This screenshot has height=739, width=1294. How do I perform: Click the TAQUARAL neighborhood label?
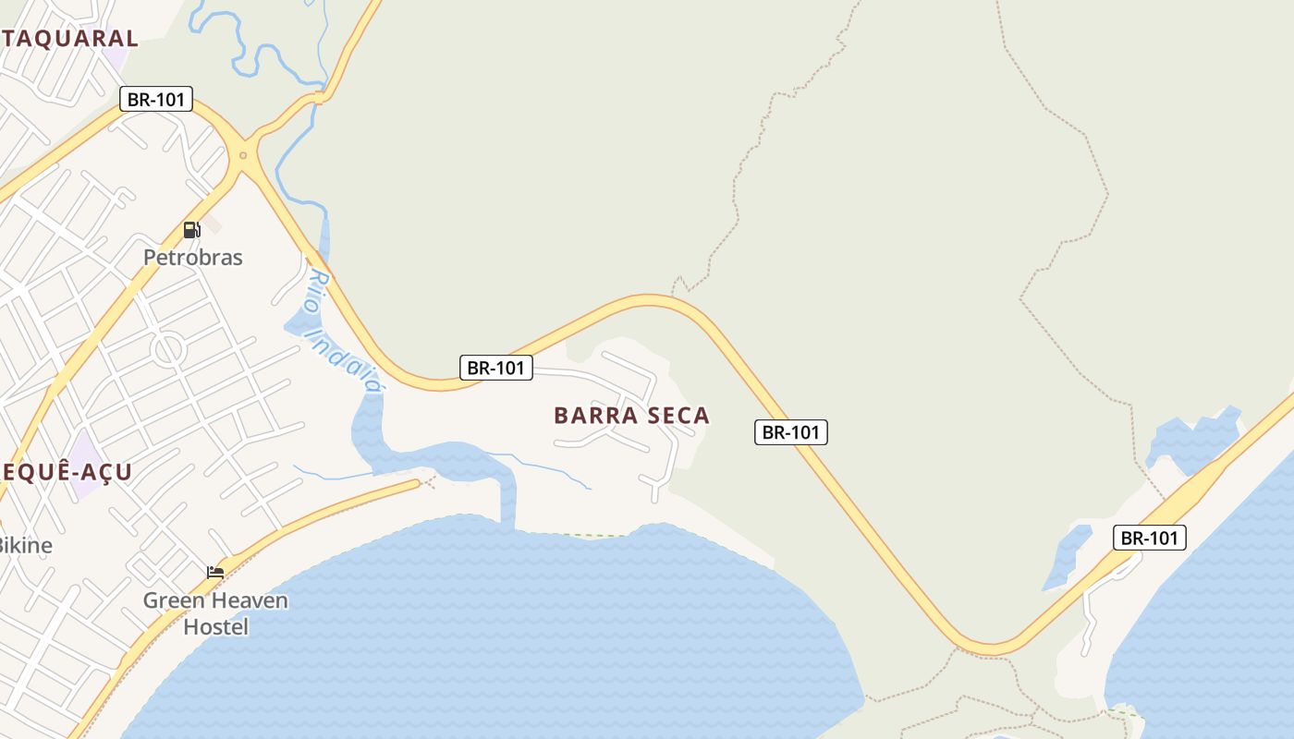[x=69, y=39]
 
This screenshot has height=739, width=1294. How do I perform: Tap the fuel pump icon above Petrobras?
[x=191, y=230]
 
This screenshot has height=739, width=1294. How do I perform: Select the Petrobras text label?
[x=192, y=258]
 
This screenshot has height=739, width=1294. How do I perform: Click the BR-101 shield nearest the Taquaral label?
[x=155, y=99]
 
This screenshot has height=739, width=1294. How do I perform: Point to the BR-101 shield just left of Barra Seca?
[x=495, y=368]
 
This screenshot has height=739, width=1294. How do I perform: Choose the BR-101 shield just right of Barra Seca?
[x=790, y=431]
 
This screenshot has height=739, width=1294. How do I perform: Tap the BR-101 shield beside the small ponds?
[x=1149, y=538]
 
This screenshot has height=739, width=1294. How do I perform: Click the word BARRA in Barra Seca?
[x=592, y=416]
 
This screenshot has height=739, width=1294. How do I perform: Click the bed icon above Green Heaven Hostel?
[x=215, y=573]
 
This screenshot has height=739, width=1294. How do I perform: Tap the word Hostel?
[x=215, y=627]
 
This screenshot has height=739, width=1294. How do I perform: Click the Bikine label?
[x=25, y=545]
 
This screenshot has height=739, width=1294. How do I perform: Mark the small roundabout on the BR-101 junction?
[x=243, y=155]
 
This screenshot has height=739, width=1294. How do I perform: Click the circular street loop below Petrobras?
[x=168, y=349]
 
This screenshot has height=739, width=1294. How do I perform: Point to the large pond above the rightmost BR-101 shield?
[x=1192, y=439]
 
